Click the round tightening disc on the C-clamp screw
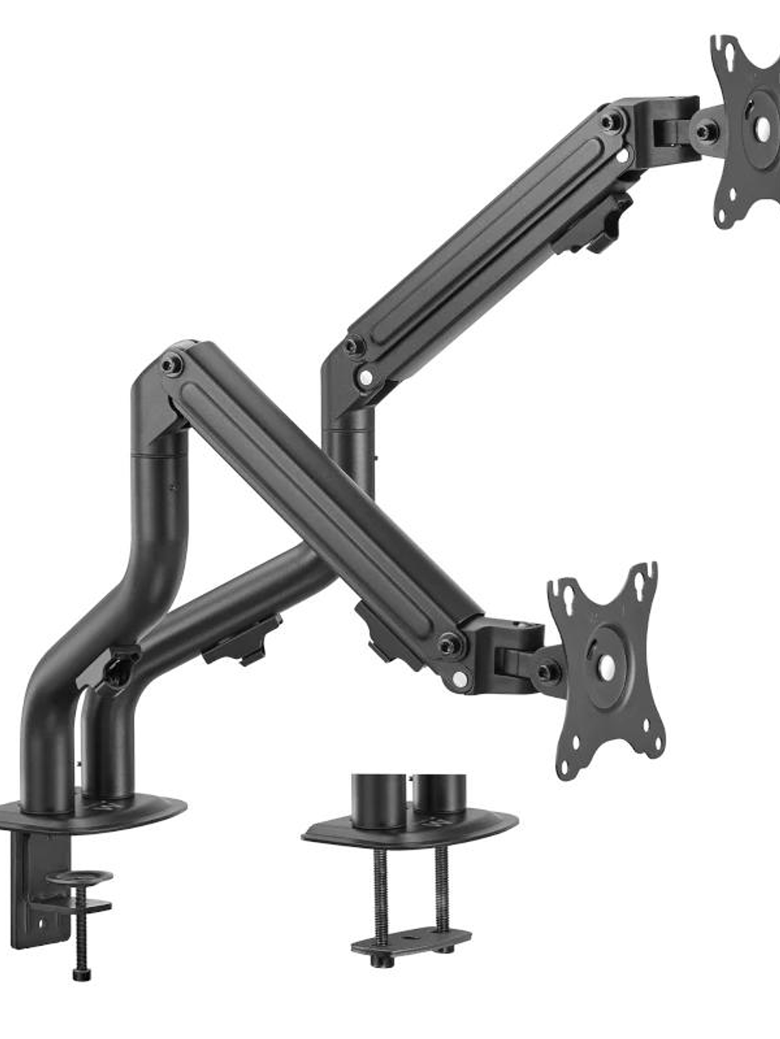84,876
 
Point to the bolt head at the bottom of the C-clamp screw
79,973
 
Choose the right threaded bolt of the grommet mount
442,889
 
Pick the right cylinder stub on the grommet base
440,793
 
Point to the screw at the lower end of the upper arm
354,345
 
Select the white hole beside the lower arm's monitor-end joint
460,679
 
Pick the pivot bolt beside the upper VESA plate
707,131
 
